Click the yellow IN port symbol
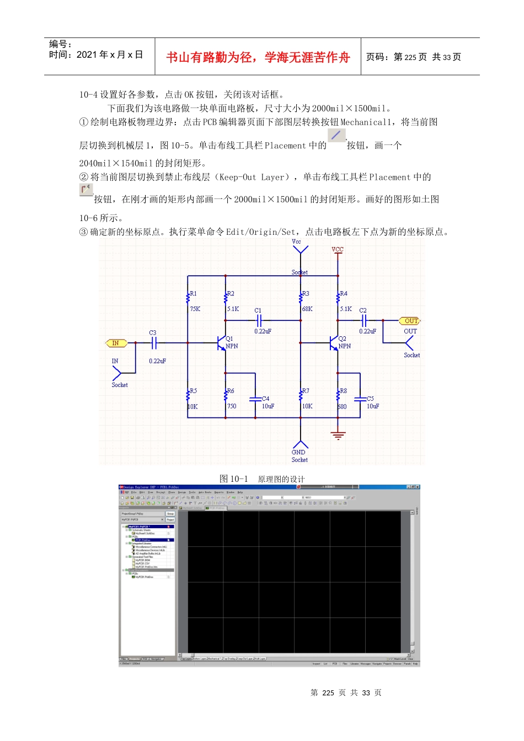coord(116,343)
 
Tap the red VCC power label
coord(338,249)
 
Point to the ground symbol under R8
coord(338,436)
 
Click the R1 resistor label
coord(193,294)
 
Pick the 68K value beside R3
coord(307,309)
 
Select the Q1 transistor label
coord(229,339)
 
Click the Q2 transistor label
coord(342,339)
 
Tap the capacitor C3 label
coord(153,332)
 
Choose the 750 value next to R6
coord(232,406)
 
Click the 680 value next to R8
coord(342,407)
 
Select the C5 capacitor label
coord(370,399)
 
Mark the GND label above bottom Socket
coord(298,452)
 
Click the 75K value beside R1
coord(195,309)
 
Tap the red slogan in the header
coord(258,57)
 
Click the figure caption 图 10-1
coord(234,479)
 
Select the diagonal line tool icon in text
coord(336,135)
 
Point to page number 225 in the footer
coord(328,693)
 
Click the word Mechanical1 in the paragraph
coord(366,122)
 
